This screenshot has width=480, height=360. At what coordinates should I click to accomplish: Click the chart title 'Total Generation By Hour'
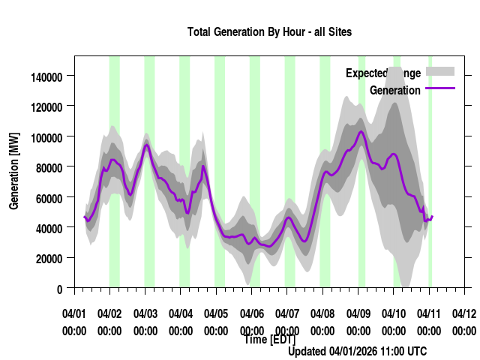pos(269,32)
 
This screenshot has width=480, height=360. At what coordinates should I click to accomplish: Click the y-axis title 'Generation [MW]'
pos(14,171)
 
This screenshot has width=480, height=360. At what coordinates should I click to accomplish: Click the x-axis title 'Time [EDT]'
pos(269,340)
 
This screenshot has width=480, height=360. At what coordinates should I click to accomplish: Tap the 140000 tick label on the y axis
pos(46,76)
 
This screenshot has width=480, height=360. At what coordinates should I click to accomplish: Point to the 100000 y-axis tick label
pos(46,136)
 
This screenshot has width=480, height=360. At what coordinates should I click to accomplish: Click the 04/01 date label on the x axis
pos(74,313)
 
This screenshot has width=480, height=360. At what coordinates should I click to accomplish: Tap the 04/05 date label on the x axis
pos(216,313)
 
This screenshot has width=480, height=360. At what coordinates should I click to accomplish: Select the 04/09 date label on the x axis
pos(358,313)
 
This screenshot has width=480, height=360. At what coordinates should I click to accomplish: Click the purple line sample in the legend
pos(440,88)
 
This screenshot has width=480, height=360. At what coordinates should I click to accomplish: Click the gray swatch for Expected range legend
pos(440,71)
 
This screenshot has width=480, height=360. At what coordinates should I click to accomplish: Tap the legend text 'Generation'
pos(395,91)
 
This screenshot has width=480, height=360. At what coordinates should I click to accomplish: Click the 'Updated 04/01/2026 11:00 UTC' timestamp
pos(357,351)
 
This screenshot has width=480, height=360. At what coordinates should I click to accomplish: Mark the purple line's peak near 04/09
pos(361,132)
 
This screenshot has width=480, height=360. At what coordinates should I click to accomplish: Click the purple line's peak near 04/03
pos(147,145)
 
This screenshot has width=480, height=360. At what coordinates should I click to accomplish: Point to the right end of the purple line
pos(433,216)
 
